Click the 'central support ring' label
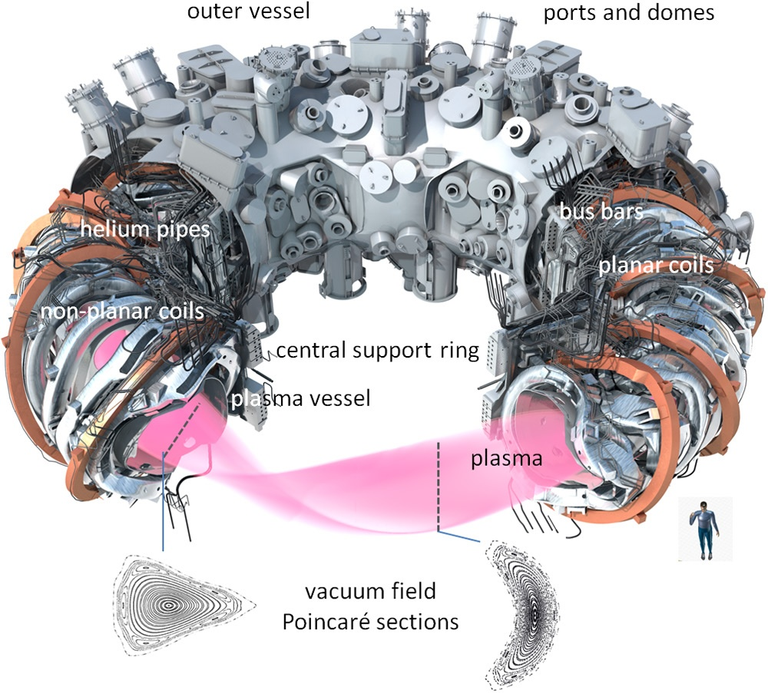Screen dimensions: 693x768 click(377, 351)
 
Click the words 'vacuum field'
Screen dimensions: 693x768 click(371, 592)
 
